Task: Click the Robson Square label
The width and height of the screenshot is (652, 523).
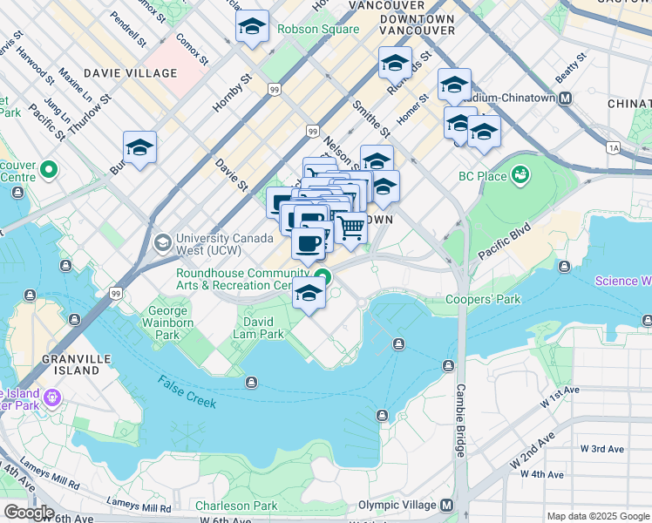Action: pos(318,29)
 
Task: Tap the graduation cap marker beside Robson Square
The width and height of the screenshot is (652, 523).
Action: pos(252,27)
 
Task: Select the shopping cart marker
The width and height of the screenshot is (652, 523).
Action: pos(351,228)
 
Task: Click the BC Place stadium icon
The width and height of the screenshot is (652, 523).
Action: pos(521,175)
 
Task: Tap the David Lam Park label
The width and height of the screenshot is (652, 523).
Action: pos(259,328)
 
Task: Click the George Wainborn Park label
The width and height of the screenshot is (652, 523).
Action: pos(167,323)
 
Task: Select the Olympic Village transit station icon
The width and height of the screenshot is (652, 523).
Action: pos(448,506)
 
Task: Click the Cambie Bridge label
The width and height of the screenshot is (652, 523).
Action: pos(460,420)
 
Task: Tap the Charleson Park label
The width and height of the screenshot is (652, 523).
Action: pos(236,506)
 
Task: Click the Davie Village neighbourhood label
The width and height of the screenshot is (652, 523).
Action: pos(130,73)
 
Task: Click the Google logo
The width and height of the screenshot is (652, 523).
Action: pos(29,512)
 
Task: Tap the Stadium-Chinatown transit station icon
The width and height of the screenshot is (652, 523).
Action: pos(565,98)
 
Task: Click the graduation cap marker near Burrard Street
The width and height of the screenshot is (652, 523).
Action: pos(139,147)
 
